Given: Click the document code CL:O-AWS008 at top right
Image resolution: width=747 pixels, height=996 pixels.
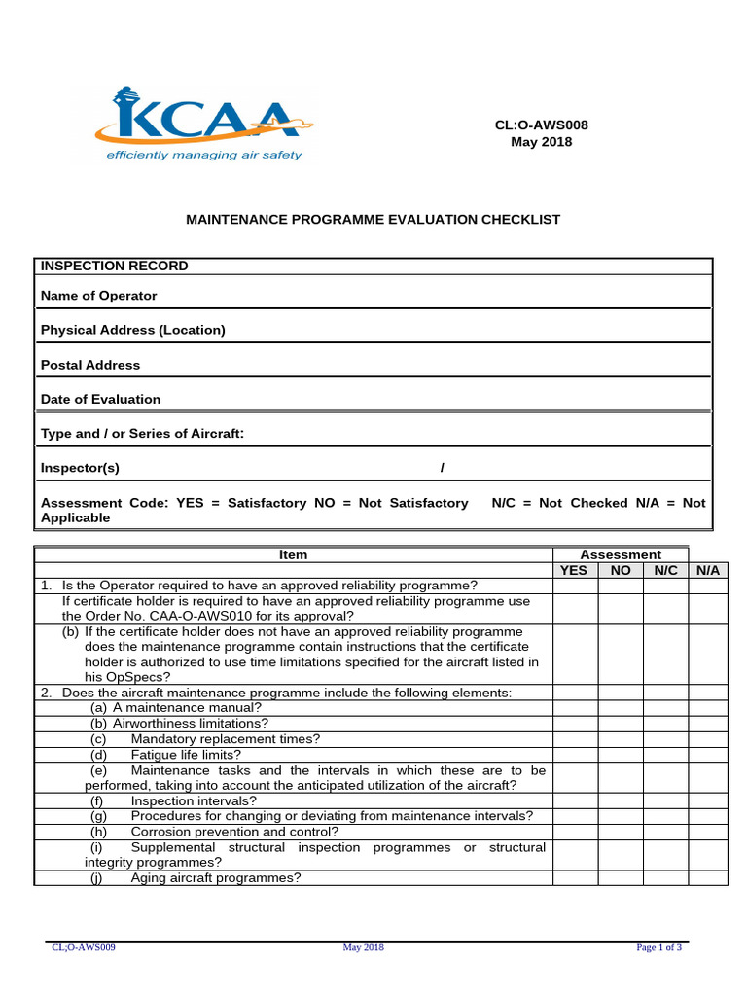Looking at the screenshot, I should click(542, 124).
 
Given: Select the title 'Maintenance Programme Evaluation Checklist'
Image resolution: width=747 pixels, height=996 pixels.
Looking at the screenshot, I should click(373, 220).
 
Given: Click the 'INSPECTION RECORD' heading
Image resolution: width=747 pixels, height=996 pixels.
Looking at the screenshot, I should click(115, 267).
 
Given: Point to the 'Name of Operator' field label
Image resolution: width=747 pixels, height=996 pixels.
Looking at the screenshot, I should click(98, 296).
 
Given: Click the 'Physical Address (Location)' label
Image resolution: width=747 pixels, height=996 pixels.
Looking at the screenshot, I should click(133, 330).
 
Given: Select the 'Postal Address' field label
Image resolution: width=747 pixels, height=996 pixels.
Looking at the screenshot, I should click(90, 365).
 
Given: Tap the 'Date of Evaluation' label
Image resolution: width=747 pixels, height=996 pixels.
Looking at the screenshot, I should click(100, 399).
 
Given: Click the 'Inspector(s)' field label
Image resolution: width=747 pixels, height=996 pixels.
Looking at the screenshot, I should click(80, 468).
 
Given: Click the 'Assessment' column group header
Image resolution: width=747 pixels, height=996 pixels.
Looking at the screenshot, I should click(621, 554).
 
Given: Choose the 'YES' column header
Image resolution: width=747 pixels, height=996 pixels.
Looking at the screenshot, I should click(575, 570).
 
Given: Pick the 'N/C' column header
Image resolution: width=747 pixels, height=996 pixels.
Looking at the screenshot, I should click(666, 570).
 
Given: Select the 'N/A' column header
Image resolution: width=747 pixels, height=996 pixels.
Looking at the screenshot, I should click(708, 570).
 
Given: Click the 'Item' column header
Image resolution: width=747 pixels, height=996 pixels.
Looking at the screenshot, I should click(293, 554).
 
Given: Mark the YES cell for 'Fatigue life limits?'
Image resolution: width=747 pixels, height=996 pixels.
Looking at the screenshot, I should click(575, 755).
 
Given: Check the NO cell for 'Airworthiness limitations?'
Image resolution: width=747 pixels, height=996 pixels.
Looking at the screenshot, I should click(621, 724).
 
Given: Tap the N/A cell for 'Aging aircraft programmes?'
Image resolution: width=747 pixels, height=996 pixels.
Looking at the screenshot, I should click(708, 877).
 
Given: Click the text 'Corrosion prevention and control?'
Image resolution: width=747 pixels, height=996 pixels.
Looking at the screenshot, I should click(234, 832).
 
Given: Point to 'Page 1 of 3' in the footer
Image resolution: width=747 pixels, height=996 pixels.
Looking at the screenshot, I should click(658, 947).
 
